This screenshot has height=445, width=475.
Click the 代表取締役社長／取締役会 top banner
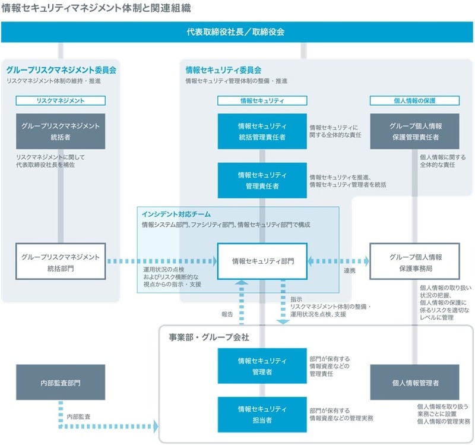click(x=237, y=32)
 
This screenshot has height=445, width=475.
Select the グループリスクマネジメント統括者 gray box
click(x=61, y=131)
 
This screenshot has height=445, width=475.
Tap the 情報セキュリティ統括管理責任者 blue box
click(x=262, y=131)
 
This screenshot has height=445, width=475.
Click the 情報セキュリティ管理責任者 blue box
click(x=262, y=180)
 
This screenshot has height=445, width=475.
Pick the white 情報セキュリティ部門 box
click(x=262, y=261)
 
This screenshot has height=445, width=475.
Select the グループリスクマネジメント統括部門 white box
click(x=61, y=261)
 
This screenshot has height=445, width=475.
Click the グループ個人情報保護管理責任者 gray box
click(x=414, y=131)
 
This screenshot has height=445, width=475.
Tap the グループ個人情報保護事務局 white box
click(x=414, y=261)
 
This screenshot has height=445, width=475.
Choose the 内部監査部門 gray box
click(x=61, y=382)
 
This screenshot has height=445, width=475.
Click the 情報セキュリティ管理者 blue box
click(x=262, y=366)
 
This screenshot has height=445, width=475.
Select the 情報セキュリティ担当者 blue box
click(x=262, y=414)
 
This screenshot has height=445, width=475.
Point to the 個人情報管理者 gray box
click(x=414, y=382)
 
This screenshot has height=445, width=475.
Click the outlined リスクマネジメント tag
click(x=61, y=101)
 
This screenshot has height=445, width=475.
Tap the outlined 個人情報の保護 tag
click(x=414, y=101)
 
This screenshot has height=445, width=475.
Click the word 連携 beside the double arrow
click(x=349, y=272)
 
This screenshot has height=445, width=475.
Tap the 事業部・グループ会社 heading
click(x=208, y=337)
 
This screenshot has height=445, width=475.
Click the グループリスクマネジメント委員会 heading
click(x=61, y=70)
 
